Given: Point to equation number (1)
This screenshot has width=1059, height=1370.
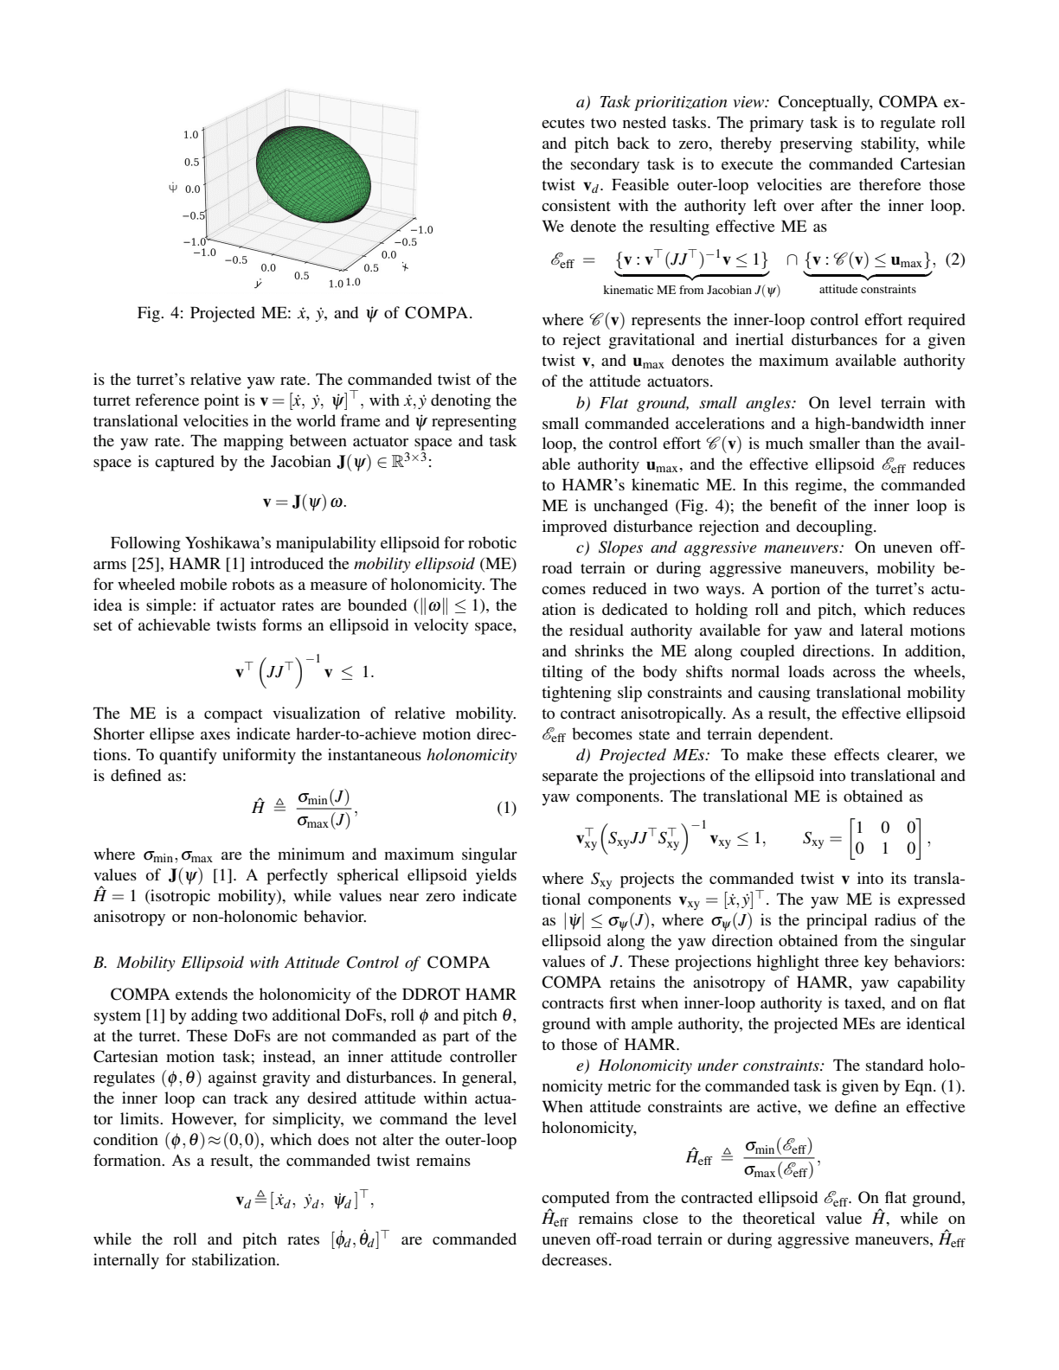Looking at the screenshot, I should pyautogui.click(x=505, y=809).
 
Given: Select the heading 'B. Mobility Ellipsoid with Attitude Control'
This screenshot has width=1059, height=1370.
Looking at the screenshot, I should pyautogui.click(x=291, y=963).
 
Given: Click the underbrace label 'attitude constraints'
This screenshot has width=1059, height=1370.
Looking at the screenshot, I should pyautogui.click(x=867, y=289).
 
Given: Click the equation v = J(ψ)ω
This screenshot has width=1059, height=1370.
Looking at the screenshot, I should pyautogui.click(x=305, y=502).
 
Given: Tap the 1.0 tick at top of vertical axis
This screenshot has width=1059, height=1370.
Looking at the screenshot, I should pyautogui.click(x=190, y=135).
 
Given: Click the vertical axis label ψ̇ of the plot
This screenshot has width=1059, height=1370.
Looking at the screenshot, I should pyautogui.click(x=172, y=186).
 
